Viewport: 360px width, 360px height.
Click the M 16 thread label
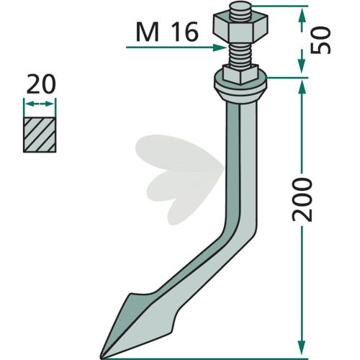point(167,32)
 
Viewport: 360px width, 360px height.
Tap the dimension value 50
point(321,40)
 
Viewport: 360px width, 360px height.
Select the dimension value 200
point(302,199)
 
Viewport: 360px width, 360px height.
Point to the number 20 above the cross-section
point(41,84)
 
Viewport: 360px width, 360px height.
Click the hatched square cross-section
point(40,135)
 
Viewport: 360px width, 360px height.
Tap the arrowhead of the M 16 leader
point(220,48)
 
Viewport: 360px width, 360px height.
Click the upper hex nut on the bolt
point(240,27)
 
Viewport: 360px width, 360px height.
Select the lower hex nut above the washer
point(240,73)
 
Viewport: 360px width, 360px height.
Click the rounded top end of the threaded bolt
point(240,6)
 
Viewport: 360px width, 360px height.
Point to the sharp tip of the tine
point(102,358)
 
